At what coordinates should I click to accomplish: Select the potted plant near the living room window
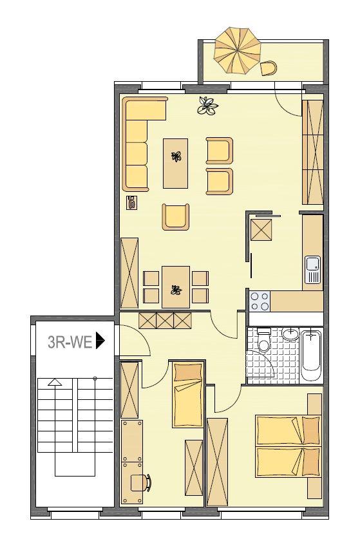(207, 105)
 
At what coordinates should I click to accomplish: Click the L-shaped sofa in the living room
(137, 145)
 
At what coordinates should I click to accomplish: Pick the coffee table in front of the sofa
(175, 162)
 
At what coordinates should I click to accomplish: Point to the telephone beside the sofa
(131, 203)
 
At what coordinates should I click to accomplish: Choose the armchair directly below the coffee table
(176, 217)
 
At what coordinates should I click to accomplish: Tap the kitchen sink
(313, 270)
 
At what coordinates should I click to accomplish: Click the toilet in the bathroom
(263, 343)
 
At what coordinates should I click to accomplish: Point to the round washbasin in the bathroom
(290, 335)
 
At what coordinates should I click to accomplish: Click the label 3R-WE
(70, 341)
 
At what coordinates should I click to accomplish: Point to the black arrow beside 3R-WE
(100, 341)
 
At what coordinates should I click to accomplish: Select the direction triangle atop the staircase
(55, 382)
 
